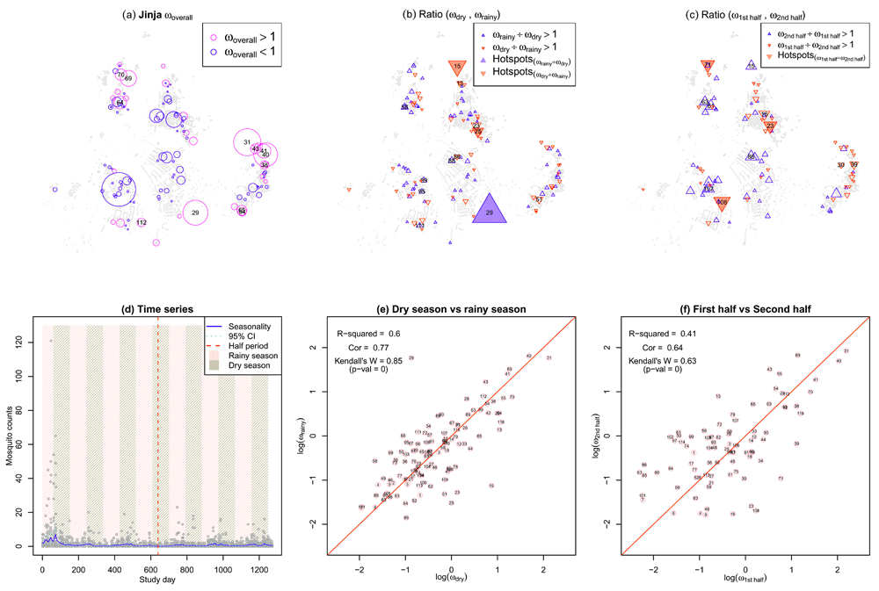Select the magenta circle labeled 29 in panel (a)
[195, 213]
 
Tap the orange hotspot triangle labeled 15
[457, 67]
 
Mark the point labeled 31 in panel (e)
[548, 358]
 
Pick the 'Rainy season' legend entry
[243, 355]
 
